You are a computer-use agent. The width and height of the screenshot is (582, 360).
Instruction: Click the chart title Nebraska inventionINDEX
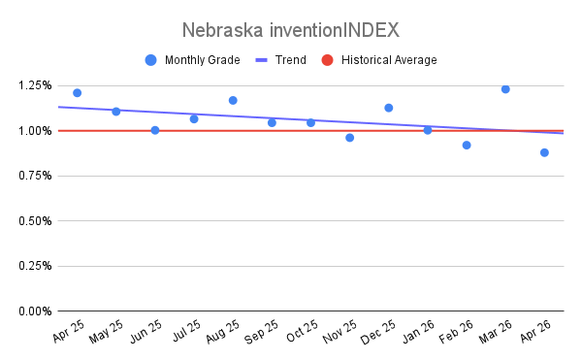(291, 30)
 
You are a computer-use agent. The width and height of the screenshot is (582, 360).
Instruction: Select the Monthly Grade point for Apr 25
(78, 93)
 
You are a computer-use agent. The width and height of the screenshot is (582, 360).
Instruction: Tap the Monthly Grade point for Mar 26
(505, 89)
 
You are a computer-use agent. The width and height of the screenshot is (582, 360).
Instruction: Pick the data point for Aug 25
(233, 100)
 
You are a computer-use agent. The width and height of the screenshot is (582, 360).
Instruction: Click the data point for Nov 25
(349, 138)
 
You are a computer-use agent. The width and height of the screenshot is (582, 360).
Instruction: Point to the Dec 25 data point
(389, 108)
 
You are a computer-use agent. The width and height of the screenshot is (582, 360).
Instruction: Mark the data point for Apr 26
(544, 152)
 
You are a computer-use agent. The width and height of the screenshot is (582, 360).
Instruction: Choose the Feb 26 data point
(467, 146)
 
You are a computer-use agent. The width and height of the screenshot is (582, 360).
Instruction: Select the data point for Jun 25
(155, 130)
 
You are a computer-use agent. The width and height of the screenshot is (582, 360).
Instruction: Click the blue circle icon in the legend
(150, 60)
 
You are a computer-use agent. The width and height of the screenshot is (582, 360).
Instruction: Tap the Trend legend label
(291, 60)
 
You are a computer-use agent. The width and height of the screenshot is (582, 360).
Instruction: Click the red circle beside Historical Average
(327, 60)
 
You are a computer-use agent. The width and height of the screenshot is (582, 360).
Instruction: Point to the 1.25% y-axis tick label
(35, 85)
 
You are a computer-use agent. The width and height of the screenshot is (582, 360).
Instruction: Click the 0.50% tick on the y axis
(35, 221)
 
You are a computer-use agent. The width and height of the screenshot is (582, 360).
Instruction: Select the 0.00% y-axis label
(35, 311)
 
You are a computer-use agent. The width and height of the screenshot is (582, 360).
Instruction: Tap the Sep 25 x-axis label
(261, 332)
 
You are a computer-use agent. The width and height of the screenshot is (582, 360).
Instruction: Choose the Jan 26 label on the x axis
(418, 331)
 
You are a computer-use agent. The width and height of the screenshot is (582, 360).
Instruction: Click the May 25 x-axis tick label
(106, 331)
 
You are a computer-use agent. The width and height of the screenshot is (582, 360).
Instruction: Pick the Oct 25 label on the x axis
(302, 331)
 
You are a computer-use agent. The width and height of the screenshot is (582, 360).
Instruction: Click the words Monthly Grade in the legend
(203, 60)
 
